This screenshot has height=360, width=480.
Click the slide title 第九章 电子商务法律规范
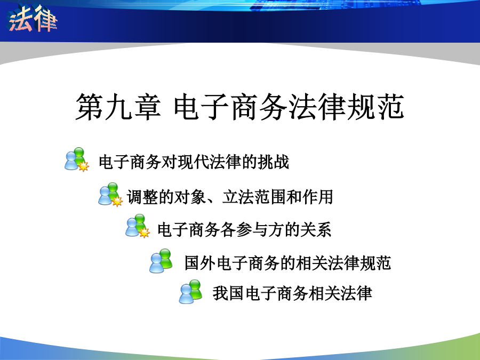point(239,107)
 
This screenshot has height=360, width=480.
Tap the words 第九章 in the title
point(118,107)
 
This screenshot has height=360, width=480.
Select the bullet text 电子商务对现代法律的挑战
point(194,162)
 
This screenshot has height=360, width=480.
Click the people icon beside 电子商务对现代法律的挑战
point(77,159)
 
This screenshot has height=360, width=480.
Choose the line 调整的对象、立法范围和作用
point(230,197)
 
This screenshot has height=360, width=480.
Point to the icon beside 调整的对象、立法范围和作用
point(110,194)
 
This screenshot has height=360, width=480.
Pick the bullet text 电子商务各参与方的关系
point(244,229)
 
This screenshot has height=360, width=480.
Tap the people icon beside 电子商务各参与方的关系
point(138,226)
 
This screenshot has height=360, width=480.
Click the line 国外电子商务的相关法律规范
point(288,262)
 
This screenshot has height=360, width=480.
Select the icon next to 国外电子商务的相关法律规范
point(161,261)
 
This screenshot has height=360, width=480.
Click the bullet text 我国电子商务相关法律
point(292,293)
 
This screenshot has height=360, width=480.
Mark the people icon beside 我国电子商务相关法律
point(191,291)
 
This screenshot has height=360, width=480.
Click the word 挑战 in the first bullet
point(274,162)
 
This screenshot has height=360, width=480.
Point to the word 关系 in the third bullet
point(316,229)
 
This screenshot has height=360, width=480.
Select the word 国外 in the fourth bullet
point(200,262)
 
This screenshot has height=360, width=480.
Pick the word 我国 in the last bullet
point(228,293)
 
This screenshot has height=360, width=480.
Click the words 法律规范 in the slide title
point(346,107)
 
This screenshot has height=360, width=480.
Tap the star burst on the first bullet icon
point(84,166)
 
